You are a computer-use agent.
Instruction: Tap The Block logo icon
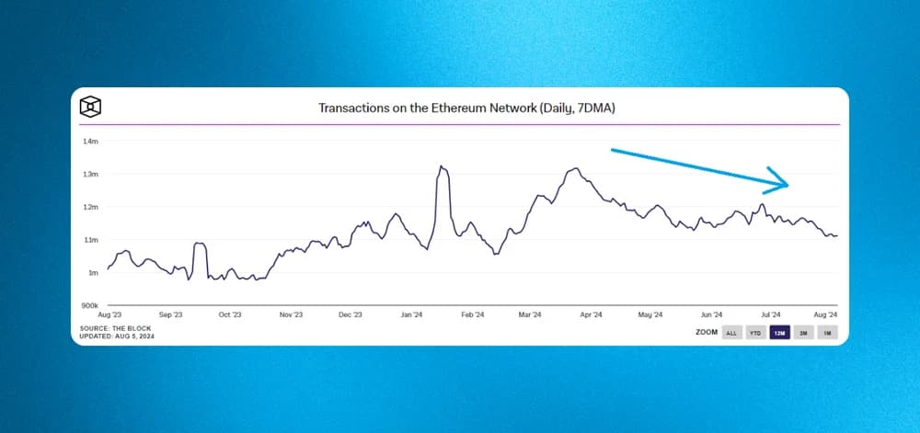tap(90, 106)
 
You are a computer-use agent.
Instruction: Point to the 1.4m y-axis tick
tap(90, 141)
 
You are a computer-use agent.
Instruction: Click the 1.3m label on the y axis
tap(90, 174)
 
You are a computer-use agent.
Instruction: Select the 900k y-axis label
tap(89, 305)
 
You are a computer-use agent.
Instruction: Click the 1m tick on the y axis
tap(93, 273)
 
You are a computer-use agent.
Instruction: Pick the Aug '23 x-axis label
tap(110, 314)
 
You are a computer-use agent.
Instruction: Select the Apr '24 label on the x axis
tap(591, 314)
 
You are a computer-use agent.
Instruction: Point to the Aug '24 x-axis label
tap(827, 314)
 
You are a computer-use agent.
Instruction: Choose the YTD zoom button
tap(755, 333)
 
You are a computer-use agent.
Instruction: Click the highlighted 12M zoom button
tap(779, 333)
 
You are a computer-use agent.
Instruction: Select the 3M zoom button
tap(803, 333)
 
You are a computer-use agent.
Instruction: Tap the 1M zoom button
tap(827, 333)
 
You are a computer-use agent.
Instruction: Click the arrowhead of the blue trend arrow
tap(780, 184)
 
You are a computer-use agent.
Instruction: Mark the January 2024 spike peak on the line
tap(442, 166)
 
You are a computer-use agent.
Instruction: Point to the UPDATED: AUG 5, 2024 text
tap(116, 336)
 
